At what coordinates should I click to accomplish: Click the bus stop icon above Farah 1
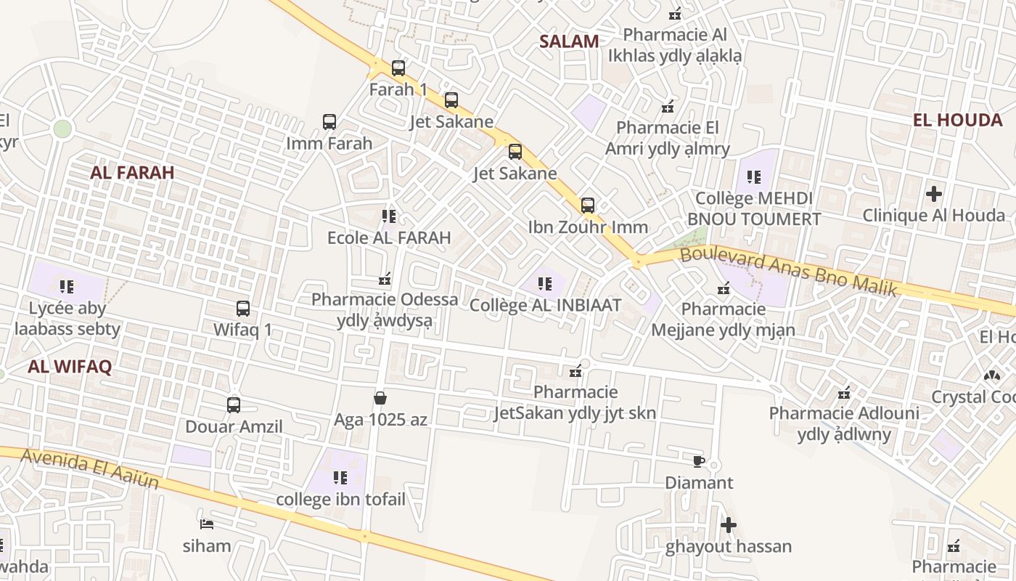click(398, 68)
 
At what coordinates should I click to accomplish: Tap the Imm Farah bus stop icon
click(329, 122)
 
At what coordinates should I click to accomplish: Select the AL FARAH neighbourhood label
click(132, 173)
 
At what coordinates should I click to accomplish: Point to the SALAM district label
click(569, 41)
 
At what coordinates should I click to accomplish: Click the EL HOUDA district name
click(957, 120)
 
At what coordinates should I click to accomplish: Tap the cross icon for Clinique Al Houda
click(934, 194)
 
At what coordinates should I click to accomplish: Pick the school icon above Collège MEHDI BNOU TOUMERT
click(754, 176)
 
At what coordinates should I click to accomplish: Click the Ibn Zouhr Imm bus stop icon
click(588, 206)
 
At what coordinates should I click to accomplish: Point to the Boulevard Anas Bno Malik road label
click(789, 271)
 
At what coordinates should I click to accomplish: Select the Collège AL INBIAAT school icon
click(545, 284)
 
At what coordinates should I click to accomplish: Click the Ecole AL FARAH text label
click(389, 237)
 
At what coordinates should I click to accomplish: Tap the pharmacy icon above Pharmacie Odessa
click(385, 278)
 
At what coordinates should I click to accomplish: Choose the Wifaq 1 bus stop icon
click(243, 309)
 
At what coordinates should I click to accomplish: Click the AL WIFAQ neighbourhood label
click(70, 367)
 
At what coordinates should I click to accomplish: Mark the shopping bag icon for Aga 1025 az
click(380, 398)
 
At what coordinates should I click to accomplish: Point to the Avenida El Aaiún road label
click(90, 469)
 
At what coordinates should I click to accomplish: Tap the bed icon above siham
click(207, 524)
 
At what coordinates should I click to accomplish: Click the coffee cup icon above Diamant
click(698, 461)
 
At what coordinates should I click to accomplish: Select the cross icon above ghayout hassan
click(729, 525)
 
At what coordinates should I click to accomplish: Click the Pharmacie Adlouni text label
click(844, 413)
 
